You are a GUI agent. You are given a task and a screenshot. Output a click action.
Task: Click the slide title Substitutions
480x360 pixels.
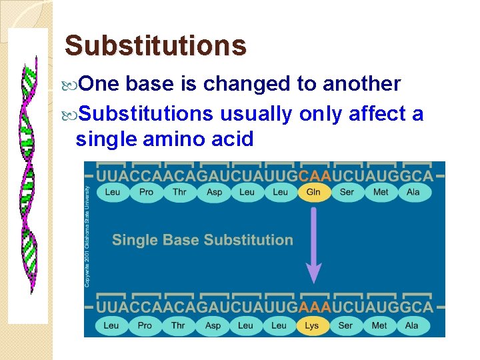pyautogui.click(x=155, y=46)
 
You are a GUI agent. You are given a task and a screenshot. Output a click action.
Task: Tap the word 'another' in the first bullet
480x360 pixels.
pyautogui.click(x=361, y=84)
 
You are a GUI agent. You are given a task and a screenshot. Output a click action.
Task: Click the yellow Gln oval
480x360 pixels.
pyautogui.click(x=313, y=192)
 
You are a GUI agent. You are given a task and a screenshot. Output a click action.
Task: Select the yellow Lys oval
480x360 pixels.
pyautogui.click(x=312, y=325)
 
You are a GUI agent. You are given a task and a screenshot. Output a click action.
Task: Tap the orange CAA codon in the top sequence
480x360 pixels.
pyautogui.click(x=313, y=176)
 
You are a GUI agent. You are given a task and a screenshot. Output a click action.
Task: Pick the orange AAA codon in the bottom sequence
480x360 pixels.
pyautogui.click(x=313, y=308)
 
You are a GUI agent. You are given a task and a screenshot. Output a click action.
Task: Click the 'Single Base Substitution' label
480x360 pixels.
pyautogui.click(x=202, y=240)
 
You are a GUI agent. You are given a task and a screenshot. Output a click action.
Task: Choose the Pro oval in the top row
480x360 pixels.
pyautogui.click(x=146, y=192)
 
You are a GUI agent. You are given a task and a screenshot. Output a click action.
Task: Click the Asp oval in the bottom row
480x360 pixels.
pyautogui.click(x=213, y=325)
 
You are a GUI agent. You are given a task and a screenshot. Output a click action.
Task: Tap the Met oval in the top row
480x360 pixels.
pyautogui.click(x=381, y=192)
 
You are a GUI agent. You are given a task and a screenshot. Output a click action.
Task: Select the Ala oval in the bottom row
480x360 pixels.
pyautogui.click(x=412, y=325)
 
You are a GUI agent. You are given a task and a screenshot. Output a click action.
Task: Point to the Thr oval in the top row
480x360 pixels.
pyautogui.click(x=179, y=192)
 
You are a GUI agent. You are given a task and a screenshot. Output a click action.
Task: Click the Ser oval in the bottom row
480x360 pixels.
pyautogui.click(x=345, y=325)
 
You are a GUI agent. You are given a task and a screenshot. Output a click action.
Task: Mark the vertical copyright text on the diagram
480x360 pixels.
pyautogui.click(x=88, y=237)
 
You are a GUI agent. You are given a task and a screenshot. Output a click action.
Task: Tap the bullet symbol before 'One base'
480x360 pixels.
pyautogui.click(x=73, y=85)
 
